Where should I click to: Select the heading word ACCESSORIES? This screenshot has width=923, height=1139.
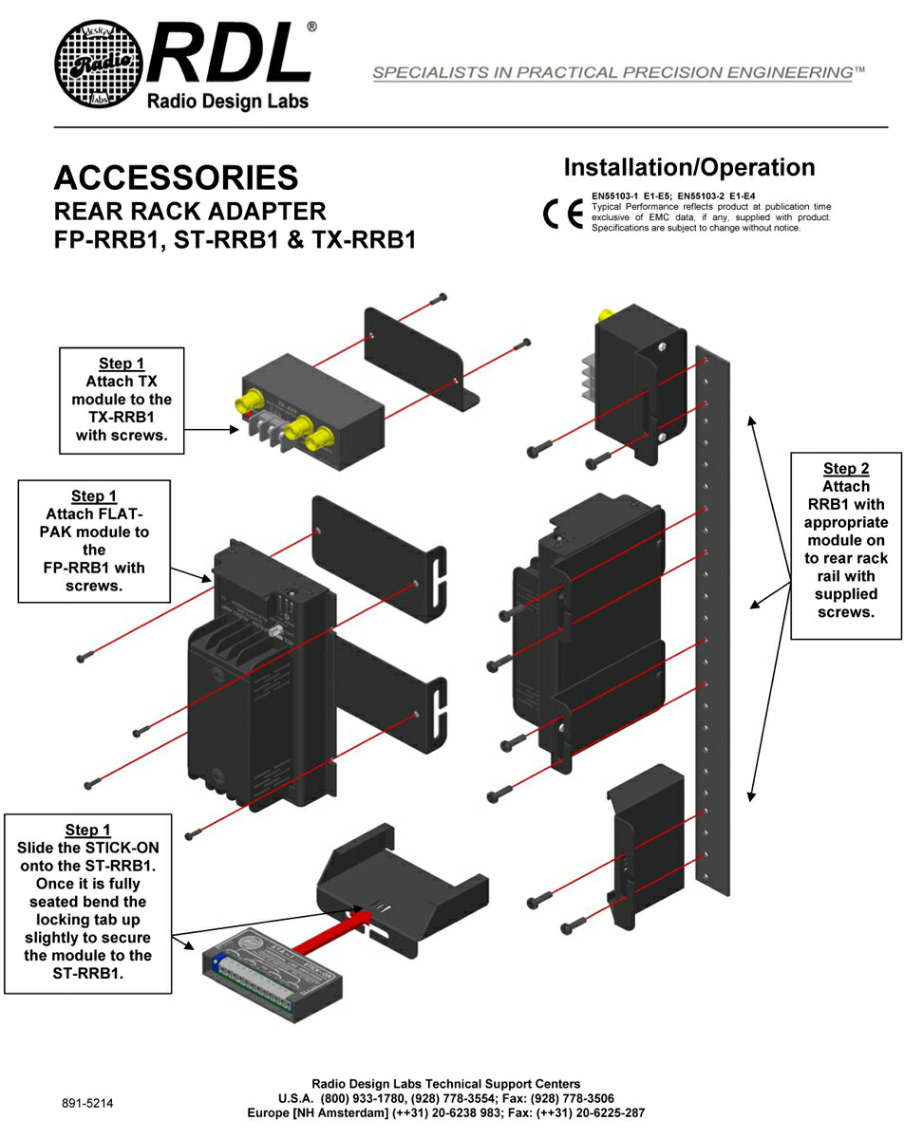[176, 177]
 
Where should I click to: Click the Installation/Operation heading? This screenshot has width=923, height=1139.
[689, 168]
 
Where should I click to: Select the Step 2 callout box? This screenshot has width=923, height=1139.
[845, 545]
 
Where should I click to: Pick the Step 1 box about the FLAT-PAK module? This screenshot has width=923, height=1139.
[95, 540]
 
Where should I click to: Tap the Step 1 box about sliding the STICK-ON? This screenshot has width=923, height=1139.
[87, 902]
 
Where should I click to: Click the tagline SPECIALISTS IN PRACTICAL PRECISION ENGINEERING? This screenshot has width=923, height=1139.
[618, 73]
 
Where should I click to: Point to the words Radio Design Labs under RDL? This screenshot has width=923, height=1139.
[227, 102]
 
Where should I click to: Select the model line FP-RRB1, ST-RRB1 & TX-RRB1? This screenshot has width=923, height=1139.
[235, 240]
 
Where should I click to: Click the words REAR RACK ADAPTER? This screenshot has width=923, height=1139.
[190, 211]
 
